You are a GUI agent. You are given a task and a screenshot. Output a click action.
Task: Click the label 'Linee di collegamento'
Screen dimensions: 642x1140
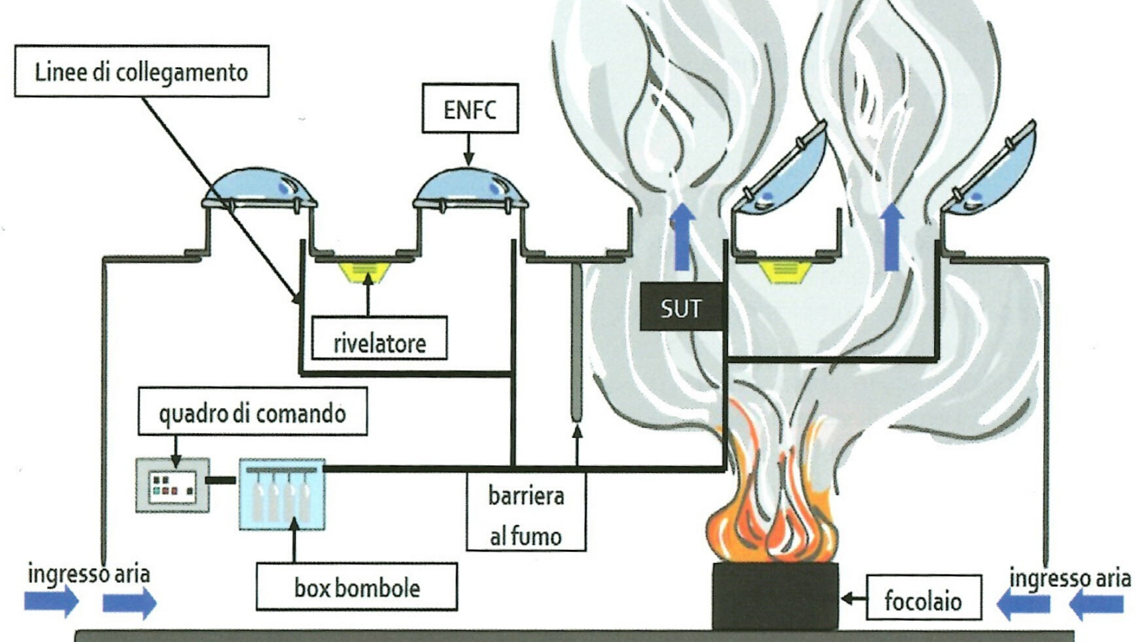(141, 71)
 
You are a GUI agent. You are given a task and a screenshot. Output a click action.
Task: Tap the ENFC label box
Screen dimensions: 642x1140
(470, 109)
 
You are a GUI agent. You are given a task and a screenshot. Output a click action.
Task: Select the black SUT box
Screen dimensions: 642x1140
(681, 307)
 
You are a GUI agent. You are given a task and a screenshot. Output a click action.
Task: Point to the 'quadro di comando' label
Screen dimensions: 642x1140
(252, 412)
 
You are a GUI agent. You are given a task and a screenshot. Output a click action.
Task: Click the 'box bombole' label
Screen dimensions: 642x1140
(357, 587)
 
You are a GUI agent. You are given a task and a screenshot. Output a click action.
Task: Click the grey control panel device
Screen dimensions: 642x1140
(173, 485)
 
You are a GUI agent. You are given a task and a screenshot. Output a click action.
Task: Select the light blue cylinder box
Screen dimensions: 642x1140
(281, 493)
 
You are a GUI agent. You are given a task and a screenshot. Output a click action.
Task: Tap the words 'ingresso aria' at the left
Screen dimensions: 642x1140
(89, 574)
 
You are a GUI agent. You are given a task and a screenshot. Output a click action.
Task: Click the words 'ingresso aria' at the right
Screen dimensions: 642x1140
(1070, 578)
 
